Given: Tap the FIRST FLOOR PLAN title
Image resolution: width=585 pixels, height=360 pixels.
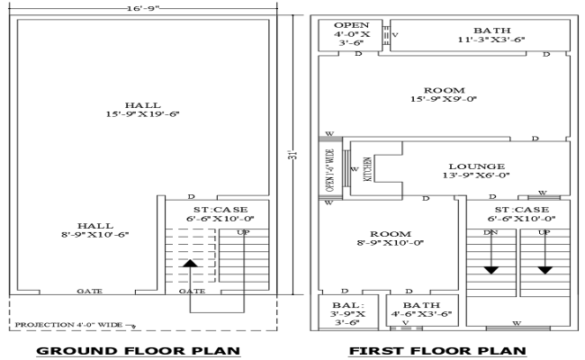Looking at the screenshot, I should coord(437,350).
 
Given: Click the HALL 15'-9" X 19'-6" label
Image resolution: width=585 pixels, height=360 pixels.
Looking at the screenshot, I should coord(142,109).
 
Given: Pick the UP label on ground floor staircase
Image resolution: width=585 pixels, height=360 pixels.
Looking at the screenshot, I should coord(242,233).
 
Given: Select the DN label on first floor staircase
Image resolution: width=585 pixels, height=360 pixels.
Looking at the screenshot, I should coord(490,233).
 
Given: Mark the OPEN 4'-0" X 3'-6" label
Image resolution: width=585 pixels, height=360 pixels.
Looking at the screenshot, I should coord(350,33).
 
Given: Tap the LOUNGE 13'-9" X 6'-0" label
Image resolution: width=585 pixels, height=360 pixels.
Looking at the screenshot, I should coord(476,171).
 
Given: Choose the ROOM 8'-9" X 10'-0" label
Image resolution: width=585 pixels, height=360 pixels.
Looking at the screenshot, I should coord(390,237).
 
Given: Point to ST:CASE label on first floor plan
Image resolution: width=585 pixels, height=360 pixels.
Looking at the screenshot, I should coord(518,212).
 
